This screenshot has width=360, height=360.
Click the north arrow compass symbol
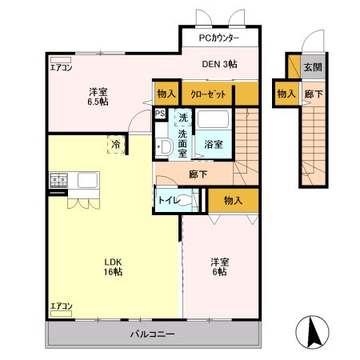click(x=312, y=332)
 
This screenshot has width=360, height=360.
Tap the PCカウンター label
click(x=219, y=38)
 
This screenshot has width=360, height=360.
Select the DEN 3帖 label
click(x=219, y=64)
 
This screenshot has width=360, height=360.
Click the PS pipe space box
click(x=160, y=114)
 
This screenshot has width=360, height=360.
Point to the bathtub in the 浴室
click(x=213, y=119)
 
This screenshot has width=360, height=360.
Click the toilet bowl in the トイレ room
click(x=185, y=200)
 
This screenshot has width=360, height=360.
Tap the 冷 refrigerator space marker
click(x=116, y=144)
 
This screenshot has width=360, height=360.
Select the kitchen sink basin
click(x=87, y=180)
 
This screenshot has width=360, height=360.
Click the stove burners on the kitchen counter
click(x=58, y=180)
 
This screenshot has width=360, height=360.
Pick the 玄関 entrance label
click(x=313, y=67)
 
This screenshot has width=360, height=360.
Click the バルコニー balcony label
click(x=153, y=334)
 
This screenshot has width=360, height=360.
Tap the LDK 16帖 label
click(x=113, y=266)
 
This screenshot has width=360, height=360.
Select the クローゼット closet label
click(x=208, y=94)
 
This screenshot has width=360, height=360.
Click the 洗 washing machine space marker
click(x=183, y=118)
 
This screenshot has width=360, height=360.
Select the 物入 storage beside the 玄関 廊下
click(x=286, y=94)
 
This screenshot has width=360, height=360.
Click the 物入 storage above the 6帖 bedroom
click(x=233, y=200)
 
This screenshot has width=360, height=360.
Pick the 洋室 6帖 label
click(x=220, y=266)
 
